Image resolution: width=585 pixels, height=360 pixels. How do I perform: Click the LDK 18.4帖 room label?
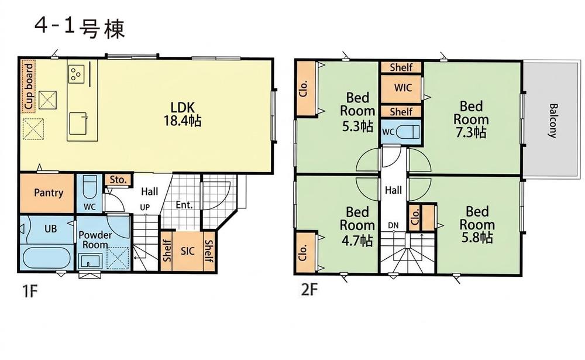pos(183,114)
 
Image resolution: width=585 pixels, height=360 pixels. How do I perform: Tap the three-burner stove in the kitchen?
pos(77,74)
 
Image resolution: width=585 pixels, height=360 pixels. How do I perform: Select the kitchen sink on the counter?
pos(78,124)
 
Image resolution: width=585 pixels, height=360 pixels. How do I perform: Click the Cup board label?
pos(28,86)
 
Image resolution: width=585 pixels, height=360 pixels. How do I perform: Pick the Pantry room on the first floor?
pos(47,193)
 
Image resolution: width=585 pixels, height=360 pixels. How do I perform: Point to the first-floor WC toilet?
pos(90,187)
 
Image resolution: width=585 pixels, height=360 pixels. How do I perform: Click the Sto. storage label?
pos(118,180)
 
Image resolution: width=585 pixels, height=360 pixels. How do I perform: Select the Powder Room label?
pos(95,240)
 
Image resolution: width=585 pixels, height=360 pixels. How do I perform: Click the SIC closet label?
pos(188,251)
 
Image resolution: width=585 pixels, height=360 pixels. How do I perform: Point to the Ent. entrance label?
pos(184,205)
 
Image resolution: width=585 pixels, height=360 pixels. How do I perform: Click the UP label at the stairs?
pos(144,207)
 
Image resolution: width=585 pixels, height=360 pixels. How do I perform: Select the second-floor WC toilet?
pos(407,132)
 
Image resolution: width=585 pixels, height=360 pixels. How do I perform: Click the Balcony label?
pos(553,121)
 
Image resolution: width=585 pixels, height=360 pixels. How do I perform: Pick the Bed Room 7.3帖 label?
pos(471,119)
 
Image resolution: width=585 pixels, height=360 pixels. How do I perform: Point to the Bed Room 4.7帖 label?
pos(357,225)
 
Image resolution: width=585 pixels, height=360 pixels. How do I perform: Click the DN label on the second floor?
pos(393,225)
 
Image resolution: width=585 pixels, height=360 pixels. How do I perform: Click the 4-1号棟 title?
pos(80,28)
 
